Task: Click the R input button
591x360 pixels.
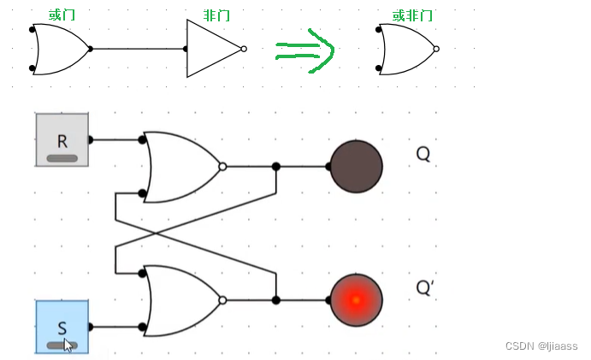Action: pyautogui.click(x=62, y=139)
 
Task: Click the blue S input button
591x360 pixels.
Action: pyautogui.click(x=62, y=326)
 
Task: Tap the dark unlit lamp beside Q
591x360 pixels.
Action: pyautogui.click(x=356, y=166)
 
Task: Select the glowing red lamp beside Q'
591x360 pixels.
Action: pyautogui.click(x=356, y=300)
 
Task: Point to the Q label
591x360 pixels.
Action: pyautogui.click(x=423, y=154)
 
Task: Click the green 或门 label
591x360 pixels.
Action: pyautogui.click(x=62, y=15)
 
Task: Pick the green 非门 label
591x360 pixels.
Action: pyautogui.click(x=216, y=15)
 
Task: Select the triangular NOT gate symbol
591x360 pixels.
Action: pyautogui.click(x=213, y=49)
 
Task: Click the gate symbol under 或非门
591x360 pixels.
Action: pyautogui.click(x=407, y=49)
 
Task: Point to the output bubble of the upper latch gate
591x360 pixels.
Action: pyautogui.click(x=222, y=167)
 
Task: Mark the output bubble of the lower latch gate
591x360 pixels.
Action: pyautogui.click(x=222, y=300)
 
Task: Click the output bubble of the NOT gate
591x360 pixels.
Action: pyautogui.click(x=245, y=49)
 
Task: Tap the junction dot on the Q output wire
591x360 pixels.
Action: pyautogui.click(x=275, y=167)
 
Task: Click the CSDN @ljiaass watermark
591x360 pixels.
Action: pyautogui.click(x=541, y=346)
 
